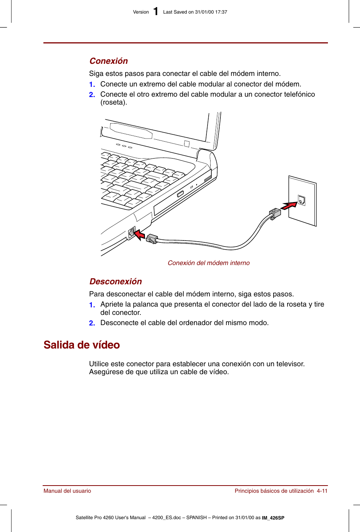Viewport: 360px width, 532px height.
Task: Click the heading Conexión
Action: pyautogui.click(x=109, y=61)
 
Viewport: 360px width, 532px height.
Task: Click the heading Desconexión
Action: pyautogui.click(x=115, y=282)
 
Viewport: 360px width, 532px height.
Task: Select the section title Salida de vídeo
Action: pyautogui.click(x=82, y=345)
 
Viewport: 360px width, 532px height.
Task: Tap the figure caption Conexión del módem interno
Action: pyautogui.click(x=208, y=263)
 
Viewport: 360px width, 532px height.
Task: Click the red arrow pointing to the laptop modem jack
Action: pyautogui.click(x=140, y=234)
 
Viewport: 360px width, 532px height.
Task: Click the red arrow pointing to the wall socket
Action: pyautogui.click(x=289, y=206)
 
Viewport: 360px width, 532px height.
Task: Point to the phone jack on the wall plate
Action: pyautogui.click(x=301, y=200)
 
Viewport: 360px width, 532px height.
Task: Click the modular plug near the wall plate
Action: pyautogui.click(x=275, y=214)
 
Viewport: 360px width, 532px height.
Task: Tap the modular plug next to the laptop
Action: pyautogui.click(x=152, y=239)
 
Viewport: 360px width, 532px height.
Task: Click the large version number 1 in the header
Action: pyautogui.click(x=155, y=12)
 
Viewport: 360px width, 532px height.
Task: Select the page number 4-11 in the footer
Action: pyautogui.click(x=322, y=491)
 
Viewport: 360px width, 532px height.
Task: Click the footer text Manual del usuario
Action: pyautogui.click(x=67, y=491)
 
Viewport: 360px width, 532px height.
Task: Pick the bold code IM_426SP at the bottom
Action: pyautogui.click(x=273, y=518)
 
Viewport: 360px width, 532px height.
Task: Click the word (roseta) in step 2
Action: pyautogui.click(x=114, y=103)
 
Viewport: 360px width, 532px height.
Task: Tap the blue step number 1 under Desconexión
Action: pyautogui.click(x=92, y=305)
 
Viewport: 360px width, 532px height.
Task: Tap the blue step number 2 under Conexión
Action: pyautogui.click(x=92, y=95)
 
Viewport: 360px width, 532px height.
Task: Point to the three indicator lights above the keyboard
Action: pyautogui.click(x=124, y=146)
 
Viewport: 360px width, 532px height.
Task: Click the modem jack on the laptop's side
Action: pyautogui.click(x=132, y=232)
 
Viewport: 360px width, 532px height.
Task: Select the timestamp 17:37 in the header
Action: pyautogui.click(x=221, y=12)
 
